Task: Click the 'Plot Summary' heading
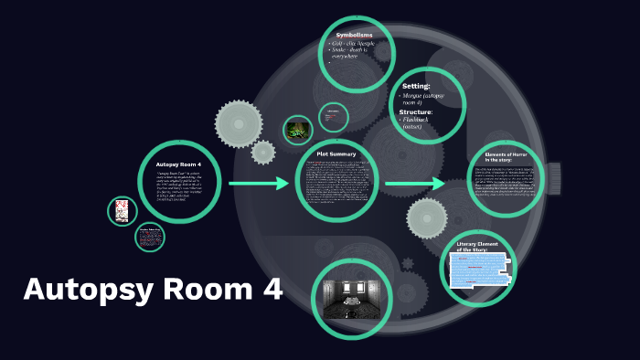[336, 154]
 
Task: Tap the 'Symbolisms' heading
[355, 35]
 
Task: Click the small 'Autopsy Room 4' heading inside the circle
[178, 164]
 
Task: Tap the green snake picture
[298, 130]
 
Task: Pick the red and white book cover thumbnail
[122, 211]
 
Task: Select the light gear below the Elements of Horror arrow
[427, 218]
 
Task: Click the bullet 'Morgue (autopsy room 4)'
[423, 99]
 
